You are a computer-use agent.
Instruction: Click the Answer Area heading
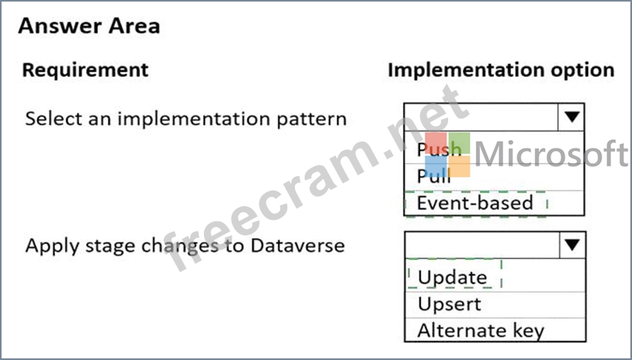click(89, 26)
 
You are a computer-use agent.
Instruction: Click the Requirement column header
click(85, 70)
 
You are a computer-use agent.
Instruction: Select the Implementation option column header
click(501, 70)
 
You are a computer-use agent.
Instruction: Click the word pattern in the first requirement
click(312, 119)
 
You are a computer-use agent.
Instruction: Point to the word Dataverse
click(297, 245)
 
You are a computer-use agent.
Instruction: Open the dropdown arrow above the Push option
click(571, 117)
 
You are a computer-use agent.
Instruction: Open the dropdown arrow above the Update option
click(573, 245)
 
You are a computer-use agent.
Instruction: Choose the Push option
click(439, 149)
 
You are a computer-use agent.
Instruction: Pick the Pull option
click(433, 176)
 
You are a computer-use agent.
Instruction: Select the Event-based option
click(475, 203)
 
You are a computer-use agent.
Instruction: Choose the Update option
click(452, 278)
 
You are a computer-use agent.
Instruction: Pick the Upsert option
click(450, 305)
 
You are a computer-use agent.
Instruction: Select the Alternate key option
click(481, 331)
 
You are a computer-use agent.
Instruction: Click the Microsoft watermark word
click(551, 153)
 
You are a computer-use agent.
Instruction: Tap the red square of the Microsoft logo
click(436, 143)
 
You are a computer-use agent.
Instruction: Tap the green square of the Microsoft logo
click(459, 143)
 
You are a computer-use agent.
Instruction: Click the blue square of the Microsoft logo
click(436, 166)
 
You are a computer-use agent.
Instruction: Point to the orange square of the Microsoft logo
click(459, 166)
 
